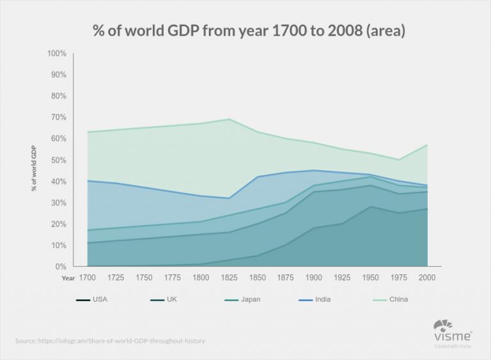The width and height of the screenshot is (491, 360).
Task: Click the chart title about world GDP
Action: tap(245, 31)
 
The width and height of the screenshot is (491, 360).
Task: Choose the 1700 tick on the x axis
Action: tap(88, 278)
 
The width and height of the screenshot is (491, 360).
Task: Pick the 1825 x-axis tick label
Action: tap(229, 278)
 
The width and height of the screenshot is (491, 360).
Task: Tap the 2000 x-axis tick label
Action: tap(427, 278)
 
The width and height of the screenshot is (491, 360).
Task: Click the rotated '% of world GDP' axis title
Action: tap(34, 169)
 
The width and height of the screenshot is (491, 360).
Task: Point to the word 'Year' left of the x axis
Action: tap(68, 279)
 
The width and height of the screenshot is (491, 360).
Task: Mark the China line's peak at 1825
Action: tap(229, 119)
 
